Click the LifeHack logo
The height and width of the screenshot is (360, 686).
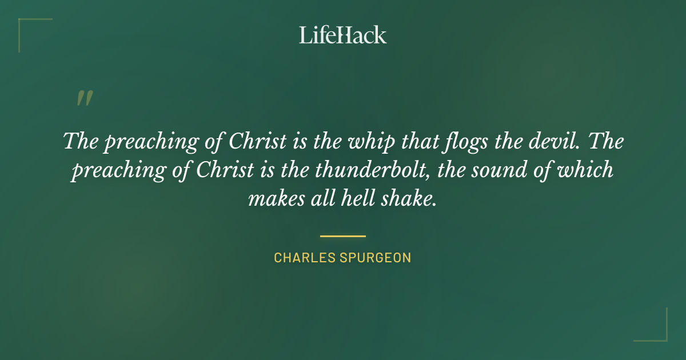(343, 35)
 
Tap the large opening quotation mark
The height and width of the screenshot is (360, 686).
(85, 98)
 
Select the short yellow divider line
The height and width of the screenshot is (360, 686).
(343, 235)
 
